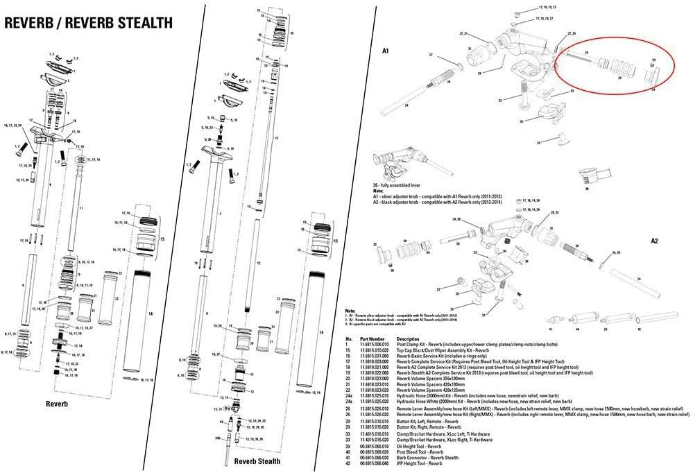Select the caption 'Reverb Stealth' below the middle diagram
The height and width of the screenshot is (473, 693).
coord(257,461)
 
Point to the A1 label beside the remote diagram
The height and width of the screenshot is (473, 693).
coord(386,51)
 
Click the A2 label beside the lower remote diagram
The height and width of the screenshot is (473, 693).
coord(653,241)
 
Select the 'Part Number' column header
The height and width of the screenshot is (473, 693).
coord(372,339)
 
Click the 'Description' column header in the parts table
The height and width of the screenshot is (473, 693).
coord(409,339)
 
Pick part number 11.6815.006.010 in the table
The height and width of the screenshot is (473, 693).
coord(373,345)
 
